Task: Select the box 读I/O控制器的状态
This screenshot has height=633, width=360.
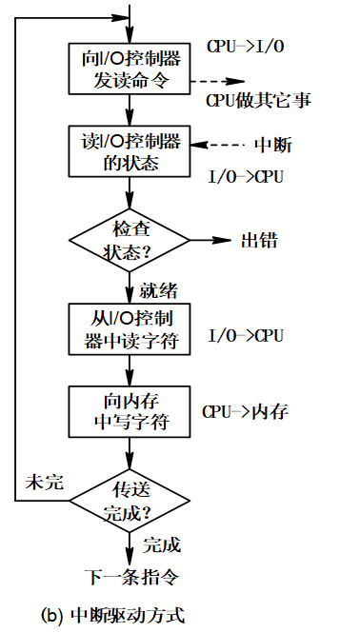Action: [130, 150]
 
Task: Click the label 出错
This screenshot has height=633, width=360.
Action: [259, 240]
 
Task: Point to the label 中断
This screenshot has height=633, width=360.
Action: [273, 146]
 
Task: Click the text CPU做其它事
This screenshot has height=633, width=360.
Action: [258, 100]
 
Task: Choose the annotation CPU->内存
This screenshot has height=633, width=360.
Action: [244, 412]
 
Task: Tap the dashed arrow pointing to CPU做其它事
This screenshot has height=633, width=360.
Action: [218, 82]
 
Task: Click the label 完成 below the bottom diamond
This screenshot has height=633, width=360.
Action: [161, 545]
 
